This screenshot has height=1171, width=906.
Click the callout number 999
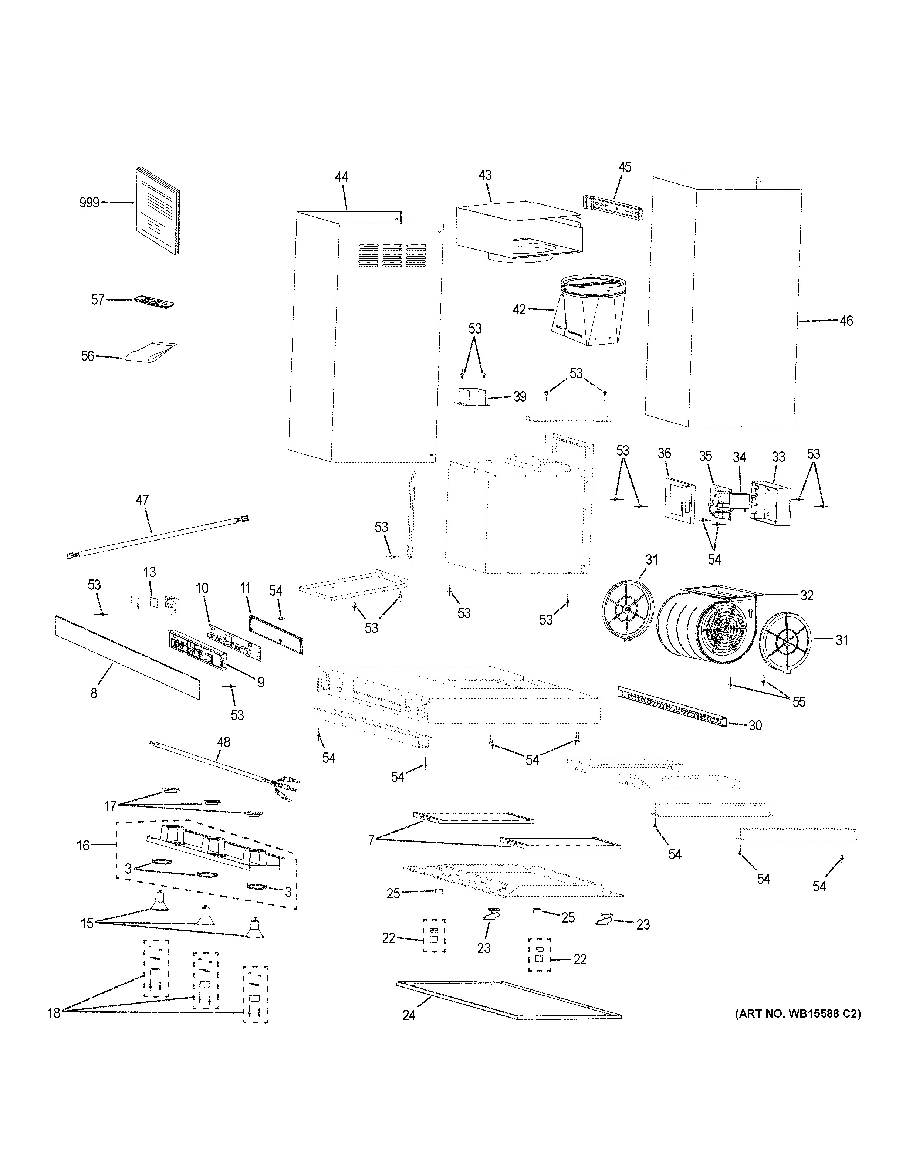coord(89,203)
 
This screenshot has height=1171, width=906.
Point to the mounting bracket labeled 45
coord(613,209)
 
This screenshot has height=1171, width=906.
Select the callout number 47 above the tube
coord(142,500)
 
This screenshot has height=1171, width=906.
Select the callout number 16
coord(83,846)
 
